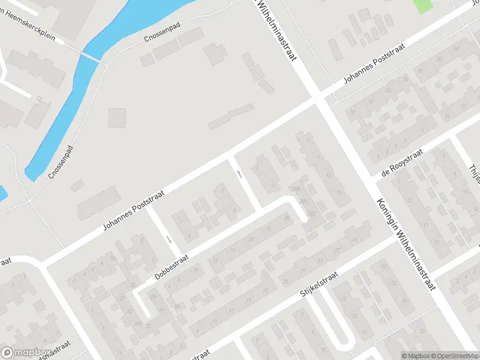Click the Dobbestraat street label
tap(172, 266)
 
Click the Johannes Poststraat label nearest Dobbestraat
tap(134, 208)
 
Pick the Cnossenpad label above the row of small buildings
tap(162, 33)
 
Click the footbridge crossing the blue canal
tap(92, 57)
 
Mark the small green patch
tap(424, 6)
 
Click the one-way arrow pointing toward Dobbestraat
tap(169, 240)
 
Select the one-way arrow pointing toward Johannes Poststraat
tap(239, 174)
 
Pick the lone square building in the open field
tap(118, 117)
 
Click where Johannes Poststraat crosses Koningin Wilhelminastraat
tap(320, 99)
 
